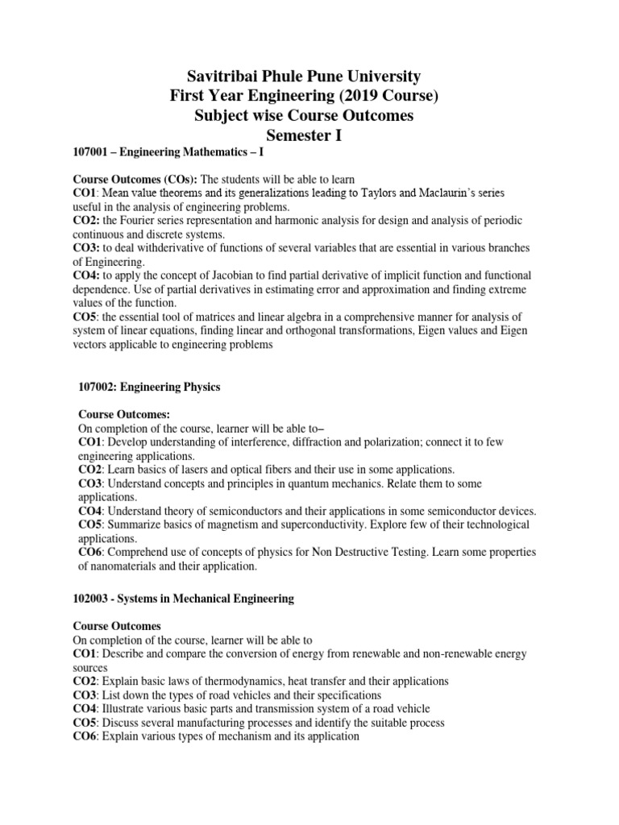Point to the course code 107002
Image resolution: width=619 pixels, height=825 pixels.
tap(98, 388)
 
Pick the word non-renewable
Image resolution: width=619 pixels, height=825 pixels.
tap(449, 655)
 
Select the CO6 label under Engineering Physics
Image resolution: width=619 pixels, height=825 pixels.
tap(90, 553)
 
